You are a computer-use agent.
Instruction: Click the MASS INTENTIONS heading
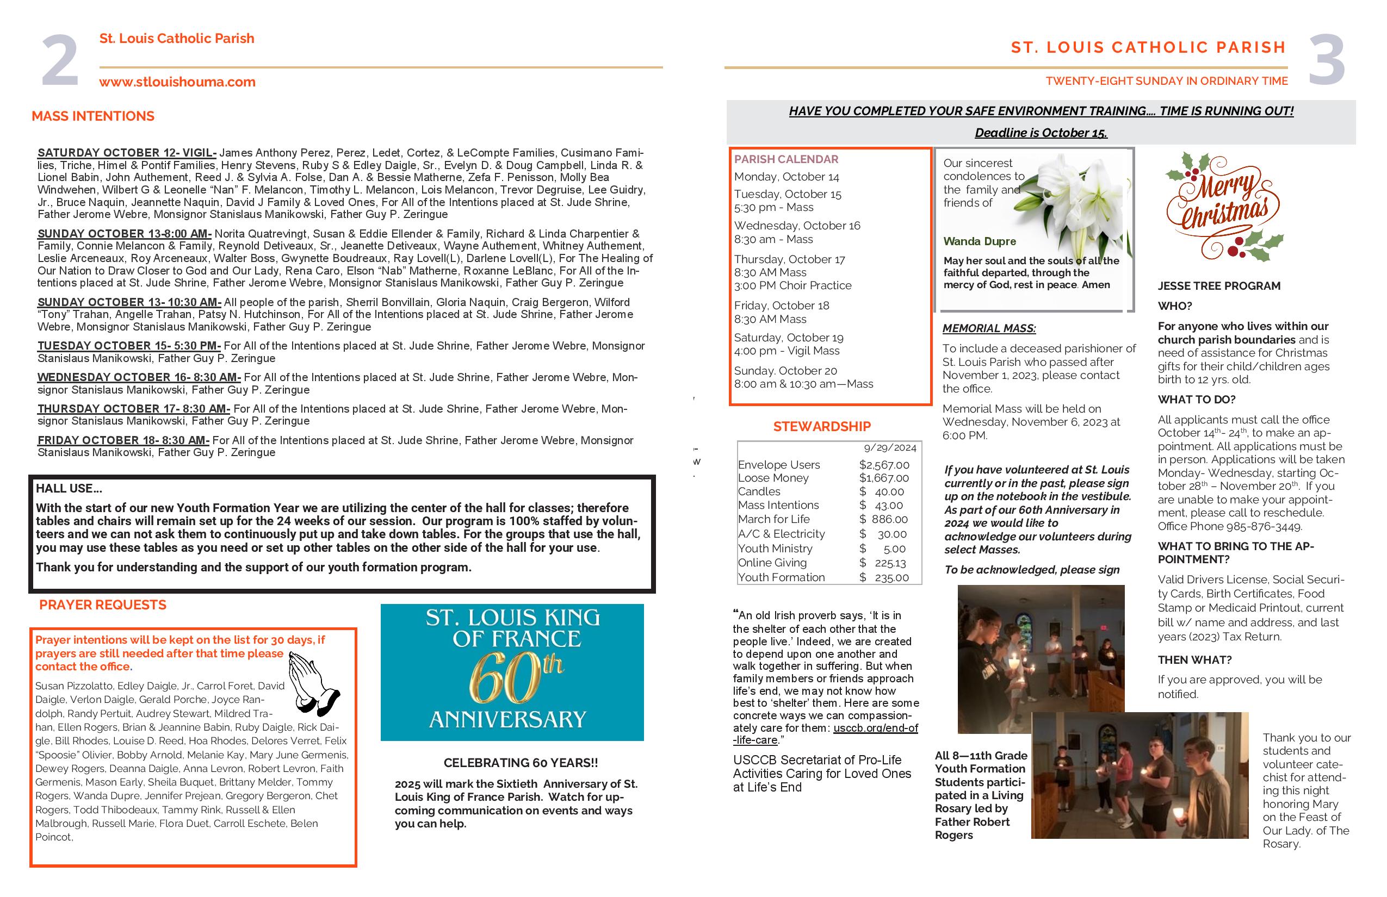tap(92, 116)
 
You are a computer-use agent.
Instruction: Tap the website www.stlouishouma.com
tap(177, 82)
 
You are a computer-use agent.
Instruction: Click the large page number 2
tap(59, 60)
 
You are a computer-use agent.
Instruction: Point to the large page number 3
tap(1327, 60)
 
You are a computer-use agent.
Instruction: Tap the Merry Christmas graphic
tap(1224, 207)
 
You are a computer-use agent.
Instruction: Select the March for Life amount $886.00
tap(883, 519)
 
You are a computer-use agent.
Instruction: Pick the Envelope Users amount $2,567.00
tap(883, 465)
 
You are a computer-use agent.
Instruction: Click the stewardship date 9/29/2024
tap(890, 448)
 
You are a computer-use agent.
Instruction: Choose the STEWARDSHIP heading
tap(822, 426)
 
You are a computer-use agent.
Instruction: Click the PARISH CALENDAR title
tap(785, 159)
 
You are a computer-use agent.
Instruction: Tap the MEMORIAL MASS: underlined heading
tap(989, 328)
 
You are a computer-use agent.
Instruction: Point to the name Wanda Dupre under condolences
tap(980, 241)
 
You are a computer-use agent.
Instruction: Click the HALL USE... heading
tap(69, 489)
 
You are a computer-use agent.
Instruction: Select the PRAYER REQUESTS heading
tap(103, 605)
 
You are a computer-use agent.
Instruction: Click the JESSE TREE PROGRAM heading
tap(1218, 286)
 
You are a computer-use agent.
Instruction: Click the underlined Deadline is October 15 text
tap(1041, 133)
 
